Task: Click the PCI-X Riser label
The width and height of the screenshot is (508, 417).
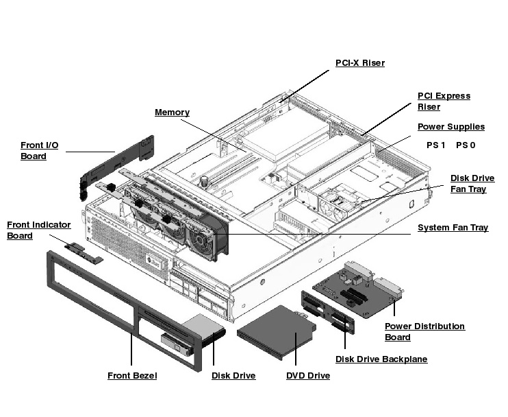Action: click(x=359, y=63)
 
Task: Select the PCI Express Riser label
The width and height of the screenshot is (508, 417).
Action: click(x=444, y=102)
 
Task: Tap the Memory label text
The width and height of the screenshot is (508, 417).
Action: click(x=172, y=112)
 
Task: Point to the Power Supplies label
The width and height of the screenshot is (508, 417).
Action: click(x=450, y=127)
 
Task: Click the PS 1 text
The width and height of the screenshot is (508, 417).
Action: click(x=435, y=145)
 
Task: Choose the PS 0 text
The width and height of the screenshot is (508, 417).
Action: click(x=466, y=145)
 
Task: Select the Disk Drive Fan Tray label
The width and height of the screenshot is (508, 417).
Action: click(x=472, y=184)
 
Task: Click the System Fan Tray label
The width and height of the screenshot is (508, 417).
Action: click(x=453, y=228)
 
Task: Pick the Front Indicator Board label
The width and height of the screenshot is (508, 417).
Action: click(x=38, y=230)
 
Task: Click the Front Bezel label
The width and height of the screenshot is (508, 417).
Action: click(x=132, y=376)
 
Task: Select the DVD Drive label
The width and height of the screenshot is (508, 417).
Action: click(x=307, y=376)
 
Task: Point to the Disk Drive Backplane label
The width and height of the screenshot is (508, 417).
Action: click(x=381, y=359)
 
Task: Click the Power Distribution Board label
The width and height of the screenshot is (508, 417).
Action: click(x=424, y=332)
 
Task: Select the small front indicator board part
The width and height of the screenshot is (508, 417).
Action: click(x=84, y=252)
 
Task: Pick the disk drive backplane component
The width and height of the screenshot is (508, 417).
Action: click(x=328, y=312)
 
